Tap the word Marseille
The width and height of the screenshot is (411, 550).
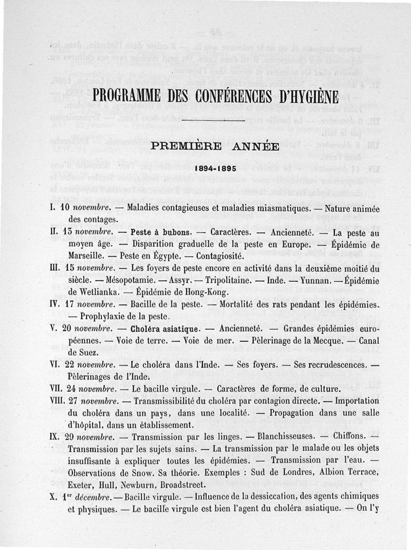click(89, 256)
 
